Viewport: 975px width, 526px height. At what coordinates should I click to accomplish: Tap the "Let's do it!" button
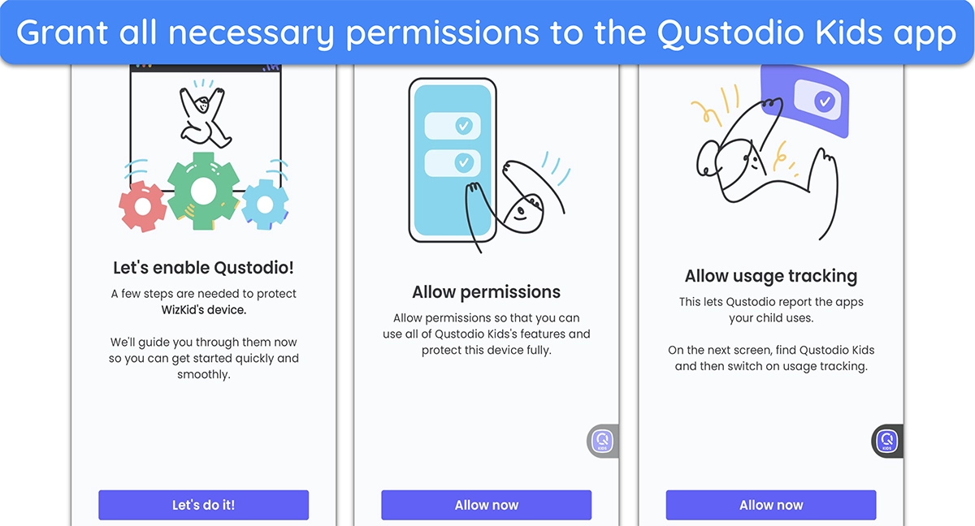click(203, 505)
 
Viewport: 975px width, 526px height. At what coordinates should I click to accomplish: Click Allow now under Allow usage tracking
click(771, 505)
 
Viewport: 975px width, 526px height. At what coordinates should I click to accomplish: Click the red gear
click(142, 206)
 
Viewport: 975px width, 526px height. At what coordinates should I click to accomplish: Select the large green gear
click(203, 191)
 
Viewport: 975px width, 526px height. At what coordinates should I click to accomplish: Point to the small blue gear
click(265, 205)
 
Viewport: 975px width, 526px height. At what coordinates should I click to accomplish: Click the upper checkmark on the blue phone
click(464, 126)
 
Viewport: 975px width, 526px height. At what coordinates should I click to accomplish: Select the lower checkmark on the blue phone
click(464, 162)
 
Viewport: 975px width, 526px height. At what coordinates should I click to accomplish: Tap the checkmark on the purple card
click(825, 101)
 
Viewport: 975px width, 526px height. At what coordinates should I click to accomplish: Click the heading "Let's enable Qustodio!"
click(203, 268)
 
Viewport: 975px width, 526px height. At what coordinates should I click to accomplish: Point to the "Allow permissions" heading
click(486, 292)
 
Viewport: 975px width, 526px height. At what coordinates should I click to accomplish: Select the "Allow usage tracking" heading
click(771, 276)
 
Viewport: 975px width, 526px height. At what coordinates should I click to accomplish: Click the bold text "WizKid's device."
click(204, 310)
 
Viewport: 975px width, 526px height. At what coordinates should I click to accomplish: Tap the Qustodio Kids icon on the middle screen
click(603, 442)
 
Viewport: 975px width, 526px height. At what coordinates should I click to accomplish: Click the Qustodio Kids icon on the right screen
click(887, 442)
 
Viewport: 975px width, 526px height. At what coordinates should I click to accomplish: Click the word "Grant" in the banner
click(63, 32)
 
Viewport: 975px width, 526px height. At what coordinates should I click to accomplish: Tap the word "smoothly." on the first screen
click(204, 374)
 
